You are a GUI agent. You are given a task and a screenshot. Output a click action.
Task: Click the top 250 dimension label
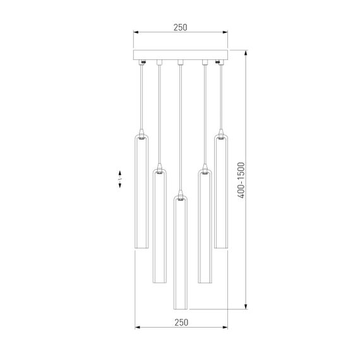[x=180, y=28]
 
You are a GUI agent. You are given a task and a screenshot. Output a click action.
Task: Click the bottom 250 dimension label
[x=181, y=322]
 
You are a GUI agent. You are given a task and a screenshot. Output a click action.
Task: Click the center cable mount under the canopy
[x=181, y=62]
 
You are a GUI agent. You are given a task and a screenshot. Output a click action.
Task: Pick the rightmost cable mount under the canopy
[x=219, y=62]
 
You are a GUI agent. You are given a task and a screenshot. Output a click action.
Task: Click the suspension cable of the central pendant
[x=181, y=126]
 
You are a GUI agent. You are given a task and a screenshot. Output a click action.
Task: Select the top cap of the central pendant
[x=181, y=198]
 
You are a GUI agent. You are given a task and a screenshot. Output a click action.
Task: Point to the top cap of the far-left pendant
[x=141, y=136]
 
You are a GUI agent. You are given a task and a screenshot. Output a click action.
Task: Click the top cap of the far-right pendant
[x=220, y=136]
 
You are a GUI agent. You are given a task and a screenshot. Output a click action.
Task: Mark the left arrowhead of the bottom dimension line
[x=136, y=328]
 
